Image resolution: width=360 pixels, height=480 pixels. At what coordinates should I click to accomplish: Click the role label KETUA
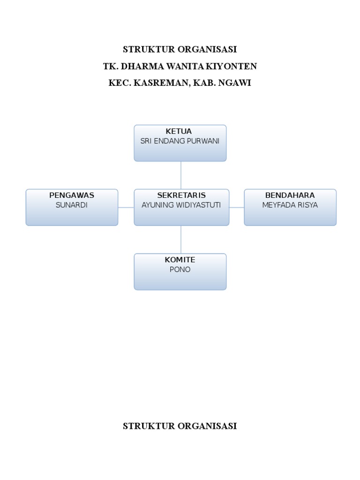[x=179, y=131]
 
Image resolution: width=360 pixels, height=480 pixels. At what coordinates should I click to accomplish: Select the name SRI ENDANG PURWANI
[x=180, y=141]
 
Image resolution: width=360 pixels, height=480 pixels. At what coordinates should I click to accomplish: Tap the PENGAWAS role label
[x=72, y=195]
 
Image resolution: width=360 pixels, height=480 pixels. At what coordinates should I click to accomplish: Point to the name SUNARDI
[x=72, y=205]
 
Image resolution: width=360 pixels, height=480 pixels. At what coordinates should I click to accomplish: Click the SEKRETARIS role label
[x=181, y=195]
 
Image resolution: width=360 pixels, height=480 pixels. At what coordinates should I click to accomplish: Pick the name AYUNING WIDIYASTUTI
[x=181, y=205]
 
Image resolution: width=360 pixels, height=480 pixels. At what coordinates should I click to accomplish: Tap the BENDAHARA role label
[x=290, y=195]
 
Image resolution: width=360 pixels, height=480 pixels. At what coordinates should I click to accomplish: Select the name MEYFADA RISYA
[x=290, y=205]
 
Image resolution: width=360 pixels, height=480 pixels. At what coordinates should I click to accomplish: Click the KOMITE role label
[x=180, y=260]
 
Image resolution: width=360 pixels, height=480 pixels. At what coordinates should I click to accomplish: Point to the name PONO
[x=180, y=270]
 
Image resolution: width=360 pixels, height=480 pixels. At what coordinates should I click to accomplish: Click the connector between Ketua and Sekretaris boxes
[x=181, y=175]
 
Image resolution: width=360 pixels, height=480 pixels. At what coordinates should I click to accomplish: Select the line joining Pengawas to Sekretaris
[x=126, y=207]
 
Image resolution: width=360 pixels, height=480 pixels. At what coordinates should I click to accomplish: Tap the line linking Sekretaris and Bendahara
[x=237, y=207]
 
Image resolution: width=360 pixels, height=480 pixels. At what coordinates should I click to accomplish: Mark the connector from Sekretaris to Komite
[x=181, y=240]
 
